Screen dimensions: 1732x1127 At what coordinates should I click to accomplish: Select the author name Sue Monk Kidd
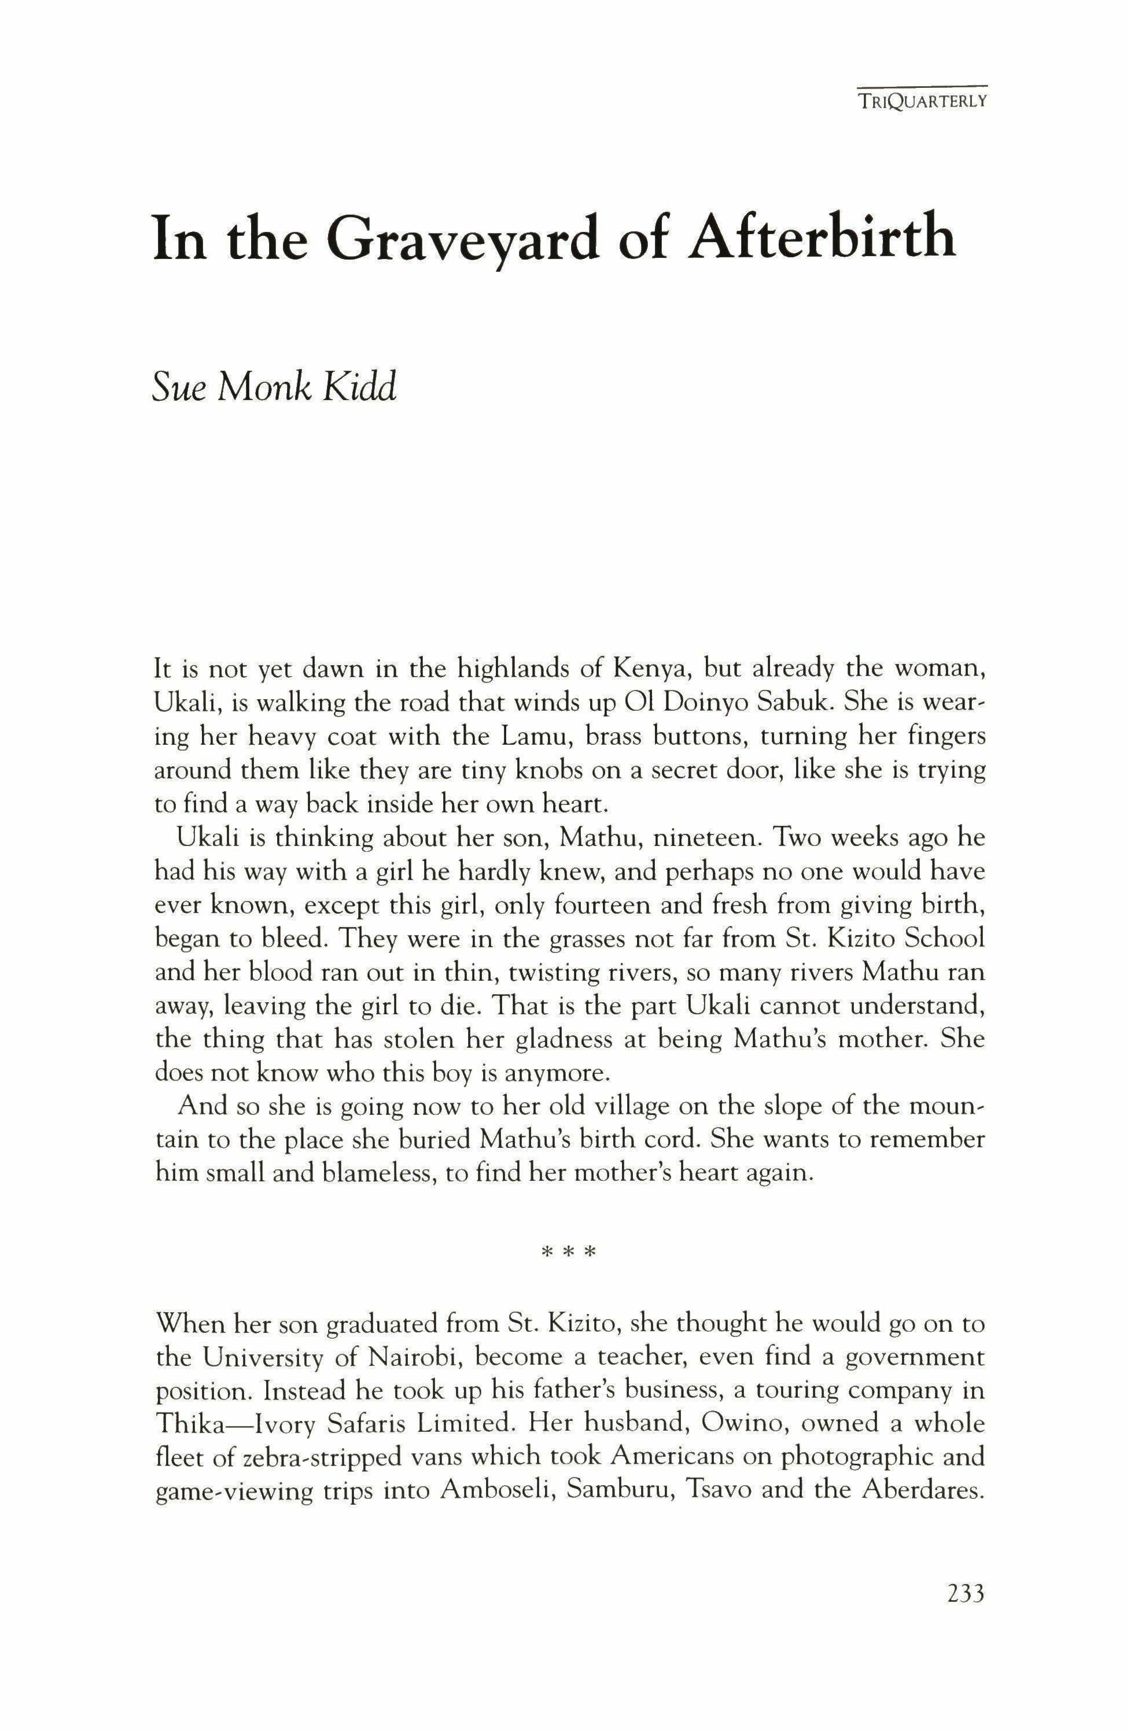coord(274,386)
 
